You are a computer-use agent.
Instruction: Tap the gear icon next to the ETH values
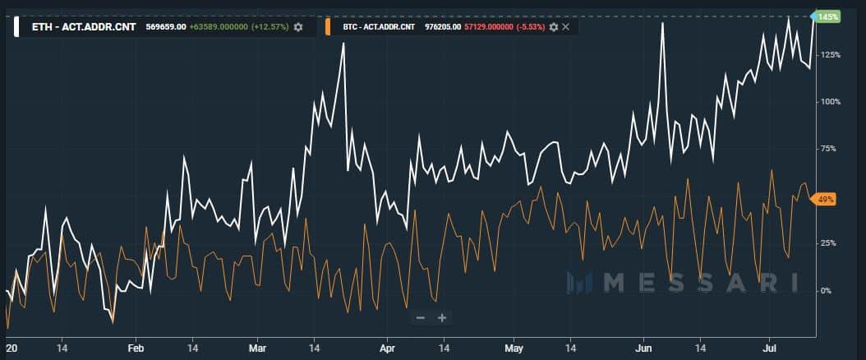tap(297, 27)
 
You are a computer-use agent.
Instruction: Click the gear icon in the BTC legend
tap(553, 27)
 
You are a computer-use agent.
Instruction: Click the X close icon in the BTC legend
tap(565, 27)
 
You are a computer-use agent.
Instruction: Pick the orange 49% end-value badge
tap(824, 199)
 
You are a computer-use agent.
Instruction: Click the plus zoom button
tap(441, 317)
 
